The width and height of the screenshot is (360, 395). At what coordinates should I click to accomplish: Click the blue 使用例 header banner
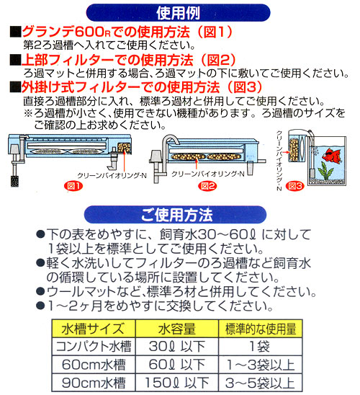[x=178, y=12]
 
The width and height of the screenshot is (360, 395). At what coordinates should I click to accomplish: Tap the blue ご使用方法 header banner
[x=176, y=215]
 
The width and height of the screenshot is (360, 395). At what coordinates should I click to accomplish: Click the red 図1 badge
[x=73, y=186]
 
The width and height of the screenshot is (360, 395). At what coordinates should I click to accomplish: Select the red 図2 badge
[x=207, y=186]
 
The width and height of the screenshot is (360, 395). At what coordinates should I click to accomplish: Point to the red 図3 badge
[x=295, y=186]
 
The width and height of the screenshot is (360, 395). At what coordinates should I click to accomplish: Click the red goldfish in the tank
[x=332, y=156]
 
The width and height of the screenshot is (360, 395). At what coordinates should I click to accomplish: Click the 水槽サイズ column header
[x=94, y=329]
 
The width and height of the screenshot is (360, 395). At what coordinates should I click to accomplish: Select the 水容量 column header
[x=177, y=329]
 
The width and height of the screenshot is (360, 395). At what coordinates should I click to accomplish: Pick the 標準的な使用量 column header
[x=261, y=329]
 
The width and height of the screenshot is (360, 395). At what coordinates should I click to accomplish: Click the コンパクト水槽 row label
[x=94, y=346]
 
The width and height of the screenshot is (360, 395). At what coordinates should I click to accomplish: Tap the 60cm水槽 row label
[x=94, y=364]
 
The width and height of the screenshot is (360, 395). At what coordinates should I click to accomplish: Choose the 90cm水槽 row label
[x=94, y=383]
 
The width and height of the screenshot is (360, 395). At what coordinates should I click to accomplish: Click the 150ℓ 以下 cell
[x=177, y=383]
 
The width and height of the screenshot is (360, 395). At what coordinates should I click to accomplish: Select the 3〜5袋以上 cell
[x=261, y=383]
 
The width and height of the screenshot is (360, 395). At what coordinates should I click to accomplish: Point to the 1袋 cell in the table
[x=261, y=346]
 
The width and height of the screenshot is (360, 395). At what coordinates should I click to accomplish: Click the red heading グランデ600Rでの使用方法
[x=106, y=32]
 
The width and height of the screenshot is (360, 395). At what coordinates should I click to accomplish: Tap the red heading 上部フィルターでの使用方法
[x=107, y=60]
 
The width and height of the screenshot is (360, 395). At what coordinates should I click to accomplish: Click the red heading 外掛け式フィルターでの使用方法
[x=120, y=87]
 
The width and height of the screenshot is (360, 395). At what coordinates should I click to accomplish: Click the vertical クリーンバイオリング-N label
[x=279, y=161]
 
